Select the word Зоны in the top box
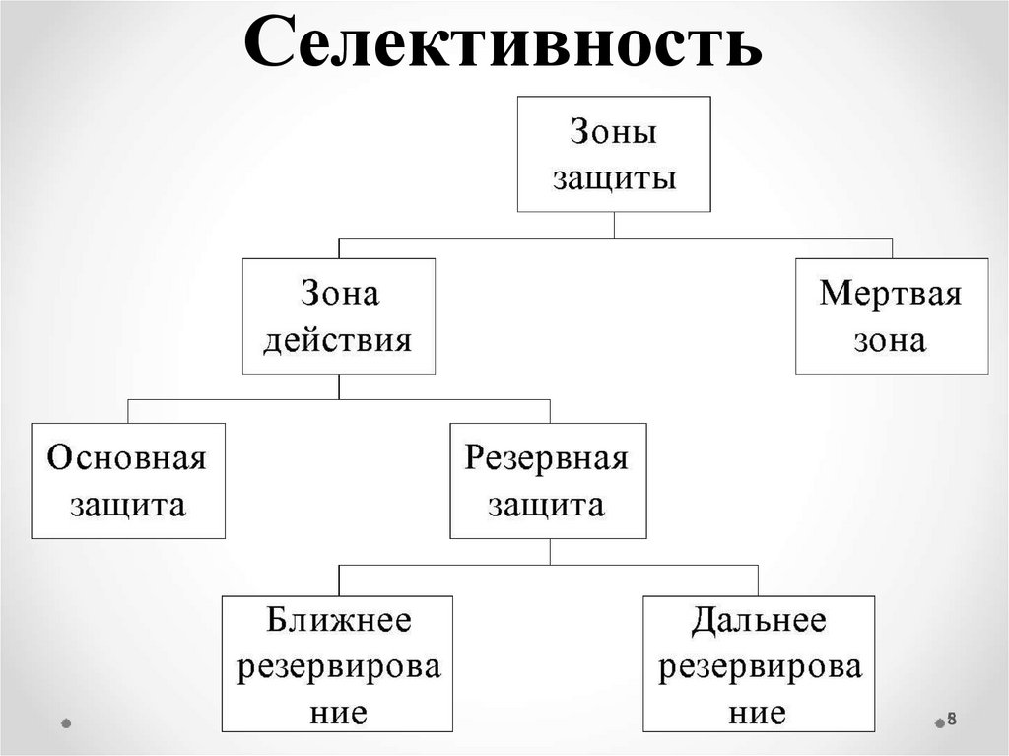click(614, 133)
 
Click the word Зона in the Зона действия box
click(339, 294)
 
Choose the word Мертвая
click(891, 294)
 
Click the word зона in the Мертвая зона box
click(891, 341)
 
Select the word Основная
click(128, 459)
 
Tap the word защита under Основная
click(128, 506)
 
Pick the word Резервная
click(548, 459)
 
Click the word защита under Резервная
click(548, 506)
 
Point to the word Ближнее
click(338, 621)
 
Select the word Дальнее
click(759, 621)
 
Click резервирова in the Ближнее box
click(338, 667)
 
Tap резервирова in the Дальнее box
click(759, 667)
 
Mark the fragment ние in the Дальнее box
click(758, 713)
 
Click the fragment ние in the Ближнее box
click(338, 713)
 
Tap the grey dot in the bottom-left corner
click(66, 722)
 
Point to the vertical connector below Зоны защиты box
click(614, 225)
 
